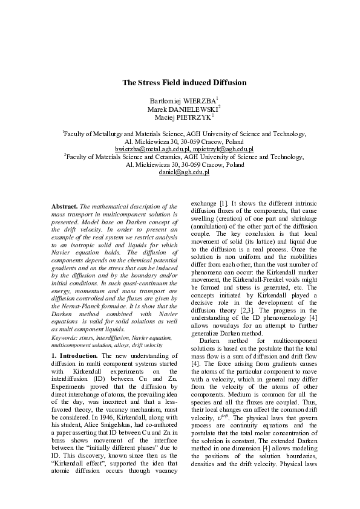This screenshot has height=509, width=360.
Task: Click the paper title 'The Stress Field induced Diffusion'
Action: coord(184,82)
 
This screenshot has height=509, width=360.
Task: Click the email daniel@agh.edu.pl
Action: coord(184,173)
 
